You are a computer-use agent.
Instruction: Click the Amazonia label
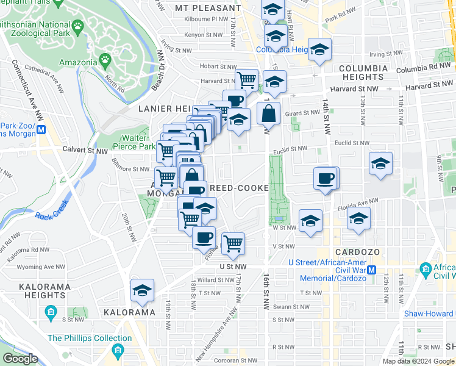[x=78, y=62]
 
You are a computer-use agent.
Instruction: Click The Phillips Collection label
[x=90, y=338]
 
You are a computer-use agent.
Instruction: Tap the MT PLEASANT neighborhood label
[x=208, y=8]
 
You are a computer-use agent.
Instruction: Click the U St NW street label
[x=233, y=267]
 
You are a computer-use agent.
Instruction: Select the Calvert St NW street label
[x=81, y=148]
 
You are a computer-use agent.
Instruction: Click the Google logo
[x=20, y=359]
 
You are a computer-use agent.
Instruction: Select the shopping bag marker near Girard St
[x=268, y=114]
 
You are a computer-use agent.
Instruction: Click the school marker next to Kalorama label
[x=142, y=292]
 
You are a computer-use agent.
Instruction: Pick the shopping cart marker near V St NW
[x=233, y=243]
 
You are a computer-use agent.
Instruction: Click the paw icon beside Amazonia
[x=105, y=61]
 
